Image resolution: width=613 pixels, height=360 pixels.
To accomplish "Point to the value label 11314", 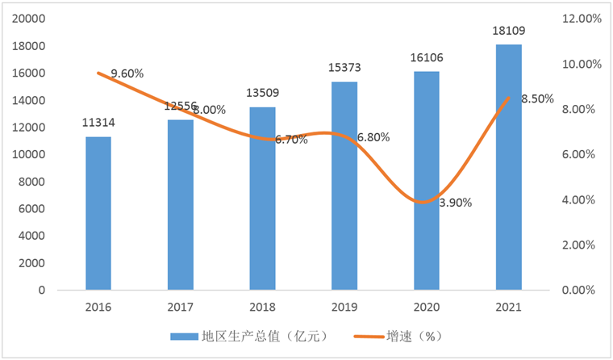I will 98,123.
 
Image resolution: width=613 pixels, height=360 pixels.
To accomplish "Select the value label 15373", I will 344,68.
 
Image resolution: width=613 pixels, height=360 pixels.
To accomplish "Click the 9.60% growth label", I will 127,73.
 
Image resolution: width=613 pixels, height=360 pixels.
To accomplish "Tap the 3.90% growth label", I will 456,203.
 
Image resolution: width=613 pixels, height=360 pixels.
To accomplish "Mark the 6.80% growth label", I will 373,137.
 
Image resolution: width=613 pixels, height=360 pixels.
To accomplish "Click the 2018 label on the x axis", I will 262,308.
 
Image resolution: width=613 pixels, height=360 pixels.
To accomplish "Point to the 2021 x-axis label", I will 508,308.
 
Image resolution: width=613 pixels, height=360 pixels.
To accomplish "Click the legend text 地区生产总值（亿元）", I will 256,336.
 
